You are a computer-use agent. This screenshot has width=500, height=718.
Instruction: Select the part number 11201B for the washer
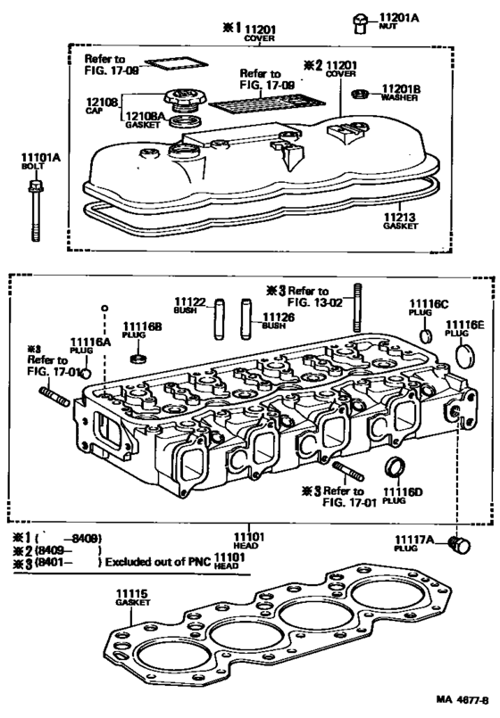[400, 89]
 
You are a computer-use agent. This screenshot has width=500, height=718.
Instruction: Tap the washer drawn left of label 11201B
[361, 94]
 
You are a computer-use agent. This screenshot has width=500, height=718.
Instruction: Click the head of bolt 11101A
[35, 187]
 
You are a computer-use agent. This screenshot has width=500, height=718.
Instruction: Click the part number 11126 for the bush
[274, 315]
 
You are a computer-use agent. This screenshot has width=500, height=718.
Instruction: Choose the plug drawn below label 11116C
[426, 336]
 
